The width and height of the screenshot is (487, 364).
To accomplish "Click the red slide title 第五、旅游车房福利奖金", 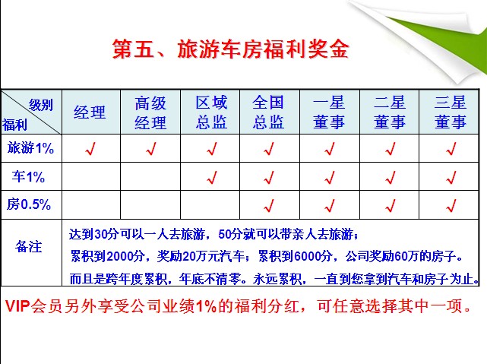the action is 230,49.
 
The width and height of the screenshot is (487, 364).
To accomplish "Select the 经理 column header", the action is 90,112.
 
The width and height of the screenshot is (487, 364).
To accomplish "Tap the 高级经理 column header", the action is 150,112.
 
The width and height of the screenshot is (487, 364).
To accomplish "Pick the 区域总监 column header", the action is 211,112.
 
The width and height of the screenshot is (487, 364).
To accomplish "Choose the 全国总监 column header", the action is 268,112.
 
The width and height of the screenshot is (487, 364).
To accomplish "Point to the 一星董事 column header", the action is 329,112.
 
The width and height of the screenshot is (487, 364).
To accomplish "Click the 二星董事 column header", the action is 390,112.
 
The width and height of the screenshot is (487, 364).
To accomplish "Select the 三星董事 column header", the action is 451,112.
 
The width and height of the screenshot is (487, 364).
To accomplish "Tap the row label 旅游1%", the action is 30,148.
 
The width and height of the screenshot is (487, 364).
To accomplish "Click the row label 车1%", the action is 28,176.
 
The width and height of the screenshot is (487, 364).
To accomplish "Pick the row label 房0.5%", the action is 29,204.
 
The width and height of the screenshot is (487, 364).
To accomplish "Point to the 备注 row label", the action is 28,247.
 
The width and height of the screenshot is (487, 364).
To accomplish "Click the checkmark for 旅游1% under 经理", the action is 90,148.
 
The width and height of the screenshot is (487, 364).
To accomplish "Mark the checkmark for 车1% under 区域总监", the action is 212,177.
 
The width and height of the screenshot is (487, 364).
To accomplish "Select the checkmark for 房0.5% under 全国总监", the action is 269,205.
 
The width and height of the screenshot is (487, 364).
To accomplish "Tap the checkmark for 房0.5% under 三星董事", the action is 451,205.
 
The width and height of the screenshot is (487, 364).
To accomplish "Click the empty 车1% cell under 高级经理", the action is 150,176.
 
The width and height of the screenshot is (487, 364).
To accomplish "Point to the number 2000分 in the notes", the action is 126,257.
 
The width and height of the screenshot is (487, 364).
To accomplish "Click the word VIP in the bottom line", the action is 17,306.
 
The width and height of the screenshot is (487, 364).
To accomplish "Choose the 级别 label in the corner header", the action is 41,105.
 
